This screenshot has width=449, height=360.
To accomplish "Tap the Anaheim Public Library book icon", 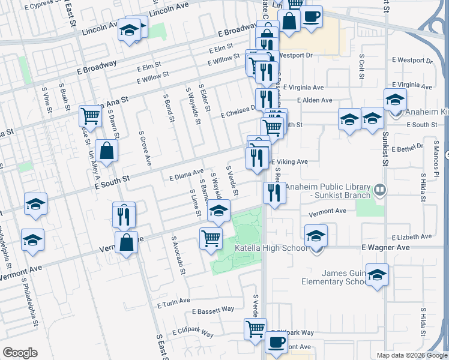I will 379,191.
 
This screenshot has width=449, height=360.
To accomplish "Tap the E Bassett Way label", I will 213,310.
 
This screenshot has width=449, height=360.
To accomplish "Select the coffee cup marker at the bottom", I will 276,342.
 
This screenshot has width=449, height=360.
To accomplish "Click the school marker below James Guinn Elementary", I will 376,275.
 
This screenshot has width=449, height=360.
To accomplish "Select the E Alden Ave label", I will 315,100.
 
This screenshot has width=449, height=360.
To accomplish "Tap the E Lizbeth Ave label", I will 411,237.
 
